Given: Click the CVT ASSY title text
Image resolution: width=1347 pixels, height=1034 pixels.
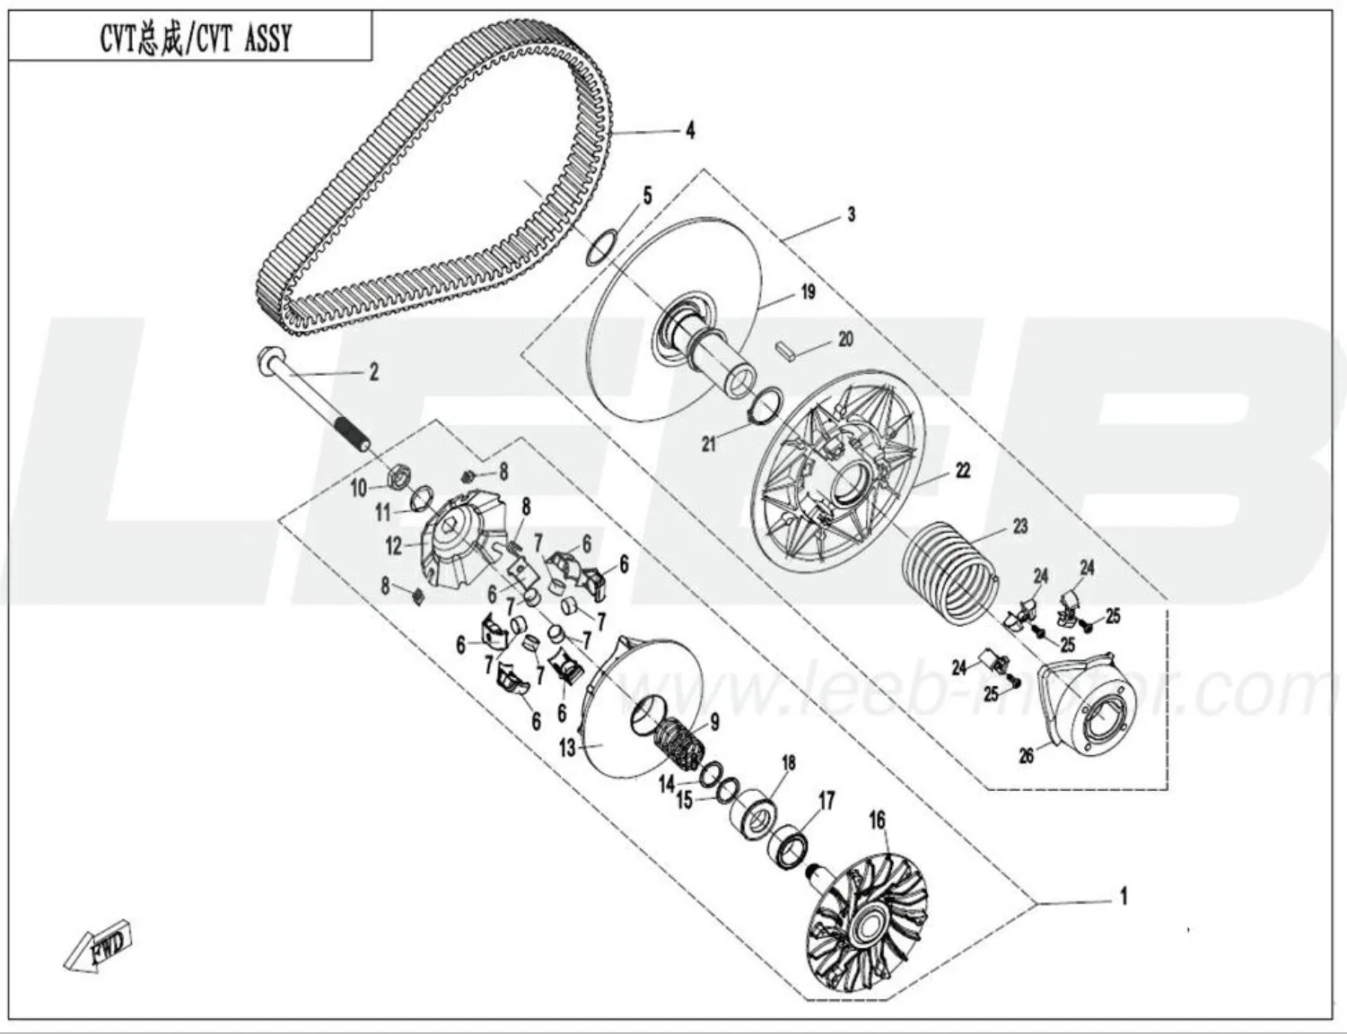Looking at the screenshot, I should [x=195, y=39].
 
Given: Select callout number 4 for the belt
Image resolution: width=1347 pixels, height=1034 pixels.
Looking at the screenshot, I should [x=689, y=130].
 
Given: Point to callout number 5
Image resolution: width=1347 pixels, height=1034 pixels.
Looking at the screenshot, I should [x=647, y=196].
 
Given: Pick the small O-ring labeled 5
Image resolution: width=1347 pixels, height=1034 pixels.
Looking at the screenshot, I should [x=600, y=248].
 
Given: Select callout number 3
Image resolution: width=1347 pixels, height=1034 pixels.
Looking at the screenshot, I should [x=851, y=214].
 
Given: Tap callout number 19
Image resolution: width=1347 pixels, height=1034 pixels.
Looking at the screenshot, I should [x=808, y=291].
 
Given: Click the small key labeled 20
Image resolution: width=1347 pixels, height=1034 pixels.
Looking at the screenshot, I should [x=785, y=349].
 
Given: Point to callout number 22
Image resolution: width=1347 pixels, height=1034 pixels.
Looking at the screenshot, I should [x=962, y=470].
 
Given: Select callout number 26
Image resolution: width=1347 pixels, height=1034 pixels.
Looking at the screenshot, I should [x=1026, y=755].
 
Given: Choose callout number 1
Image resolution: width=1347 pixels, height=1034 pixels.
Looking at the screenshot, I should [x=1122, y=895].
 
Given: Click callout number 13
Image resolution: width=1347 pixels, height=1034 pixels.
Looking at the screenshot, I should [x=567, y=746].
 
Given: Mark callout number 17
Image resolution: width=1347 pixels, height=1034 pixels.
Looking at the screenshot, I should [x=826, y=800].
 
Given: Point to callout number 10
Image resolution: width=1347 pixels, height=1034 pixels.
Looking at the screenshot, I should [x=359, y=488].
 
